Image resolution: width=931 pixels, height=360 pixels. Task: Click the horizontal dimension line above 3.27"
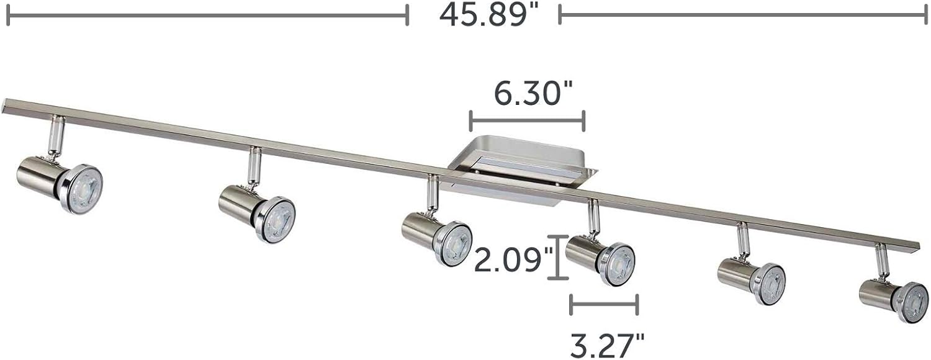604,304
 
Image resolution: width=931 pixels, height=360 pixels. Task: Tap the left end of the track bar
7,104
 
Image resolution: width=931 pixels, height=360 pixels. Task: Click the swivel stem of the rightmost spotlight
881,261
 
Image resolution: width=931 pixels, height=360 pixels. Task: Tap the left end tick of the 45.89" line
8,15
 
